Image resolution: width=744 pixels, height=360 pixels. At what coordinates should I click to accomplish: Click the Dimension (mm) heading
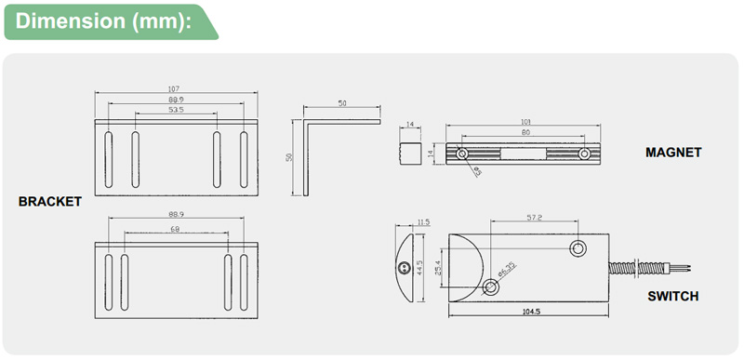103,21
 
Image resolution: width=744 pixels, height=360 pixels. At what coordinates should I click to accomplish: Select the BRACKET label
50,202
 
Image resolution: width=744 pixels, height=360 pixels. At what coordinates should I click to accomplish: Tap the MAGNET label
673,153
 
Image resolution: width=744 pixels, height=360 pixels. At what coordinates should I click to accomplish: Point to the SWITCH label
672,297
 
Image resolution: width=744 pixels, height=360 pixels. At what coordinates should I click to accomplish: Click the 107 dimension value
174,88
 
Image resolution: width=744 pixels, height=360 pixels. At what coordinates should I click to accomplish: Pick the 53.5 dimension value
176,110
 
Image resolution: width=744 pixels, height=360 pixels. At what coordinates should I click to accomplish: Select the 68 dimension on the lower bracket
175,229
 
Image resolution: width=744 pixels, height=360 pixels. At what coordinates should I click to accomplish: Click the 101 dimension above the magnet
525,122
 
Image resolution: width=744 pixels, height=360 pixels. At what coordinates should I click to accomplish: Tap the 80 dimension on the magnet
525,133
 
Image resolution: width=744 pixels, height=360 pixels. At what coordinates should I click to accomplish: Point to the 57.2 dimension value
534,218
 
